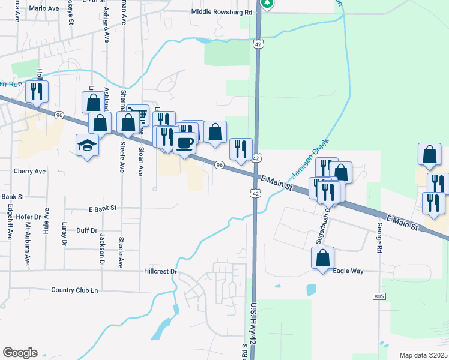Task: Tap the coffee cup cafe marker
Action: [x=184, y=143]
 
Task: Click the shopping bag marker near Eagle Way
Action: [x=322, y=259]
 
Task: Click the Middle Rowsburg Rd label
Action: [x=221, y=12]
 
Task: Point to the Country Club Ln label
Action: [x=74, y=290]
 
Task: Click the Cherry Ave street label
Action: [x=29, y=171]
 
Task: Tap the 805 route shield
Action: [x=379, y=296]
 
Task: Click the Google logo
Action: [x=20, y=352]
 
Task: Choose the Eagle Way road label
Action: [x=349, y=271]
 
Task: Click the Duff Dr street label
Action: [x=87, y=230]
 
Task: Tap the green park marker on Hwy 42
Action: [x=267, y=2]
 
